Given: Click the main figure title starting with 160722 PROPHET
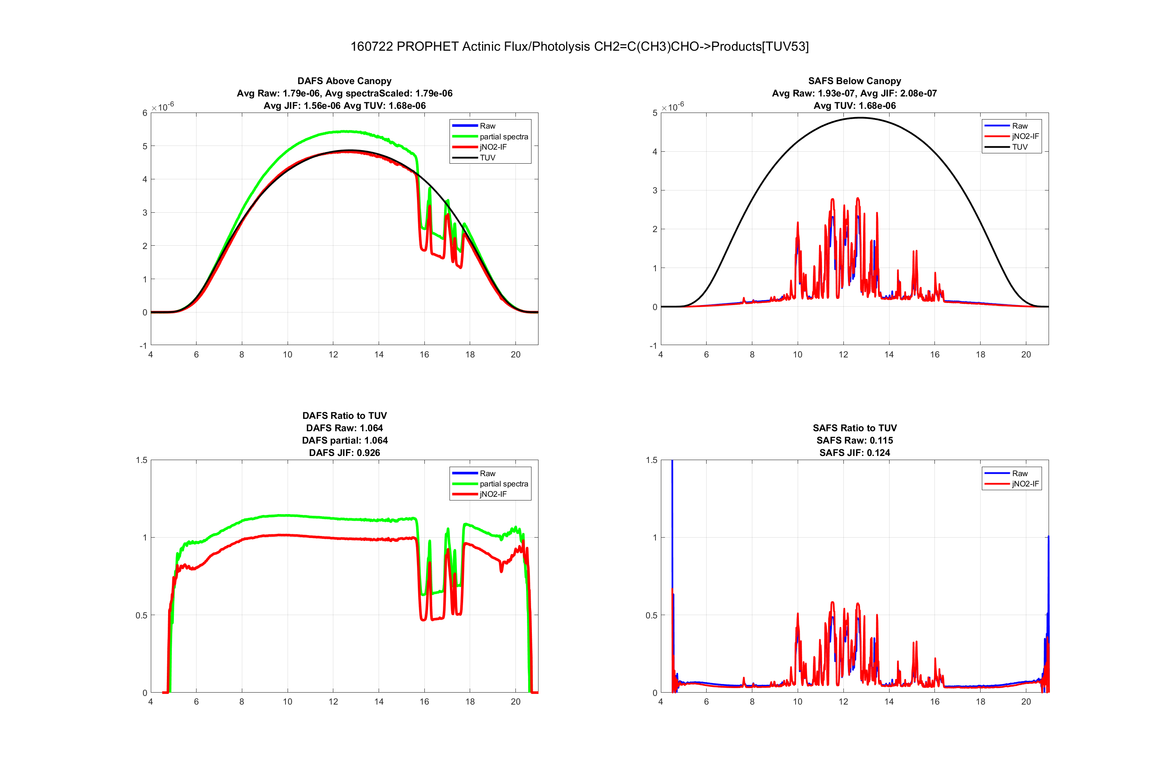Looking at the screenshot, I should click(579, 46).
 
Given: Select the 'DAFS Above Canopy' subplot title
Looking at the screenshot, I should click(344, 81).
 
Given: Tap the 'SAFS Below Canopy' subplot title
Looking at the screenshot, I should click(855, 81).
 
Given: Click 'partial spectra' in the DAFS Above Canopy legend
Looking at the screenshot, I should click(503, 136).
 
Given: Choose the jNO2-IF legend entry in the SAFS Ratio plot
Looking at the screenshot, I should click(1025, 484).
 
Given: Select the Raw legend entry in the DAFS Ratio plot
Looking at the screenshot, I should click(487, 473).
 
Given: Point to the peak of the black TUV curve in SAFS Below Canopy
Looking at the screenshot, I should click(859, 118).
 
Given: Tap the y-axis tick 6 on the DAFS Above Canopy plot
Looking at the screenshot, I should click(145, 113).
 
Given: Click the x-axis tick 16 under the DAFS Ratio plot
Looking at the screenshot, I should click(424, 702).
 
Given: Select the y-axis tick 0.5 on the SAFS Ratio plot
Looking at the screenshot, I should click(651, 615).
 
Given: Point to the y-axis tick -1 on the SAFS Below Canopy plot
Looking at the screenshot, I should click(653, 345).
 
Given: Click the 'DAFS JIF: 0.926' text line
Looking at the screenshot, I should click(344, 453).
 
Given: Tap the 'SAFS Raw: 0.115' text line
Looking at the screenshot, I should click(855, 440).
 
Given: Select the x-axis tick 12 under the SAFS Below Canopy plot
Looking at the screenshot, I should click(843, 355).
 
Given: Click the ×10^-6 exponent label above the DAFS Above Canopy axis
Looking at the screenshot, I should click(163, 106).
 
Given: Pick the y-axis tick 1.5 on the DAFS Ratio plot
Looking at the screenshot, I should click(141, 460).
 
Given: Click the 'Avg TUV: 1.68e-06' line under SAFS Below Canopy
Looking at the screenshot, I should click(855, 106).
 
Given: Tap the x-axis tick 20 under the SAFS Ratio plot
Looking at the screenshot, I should click(1026, 702).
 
